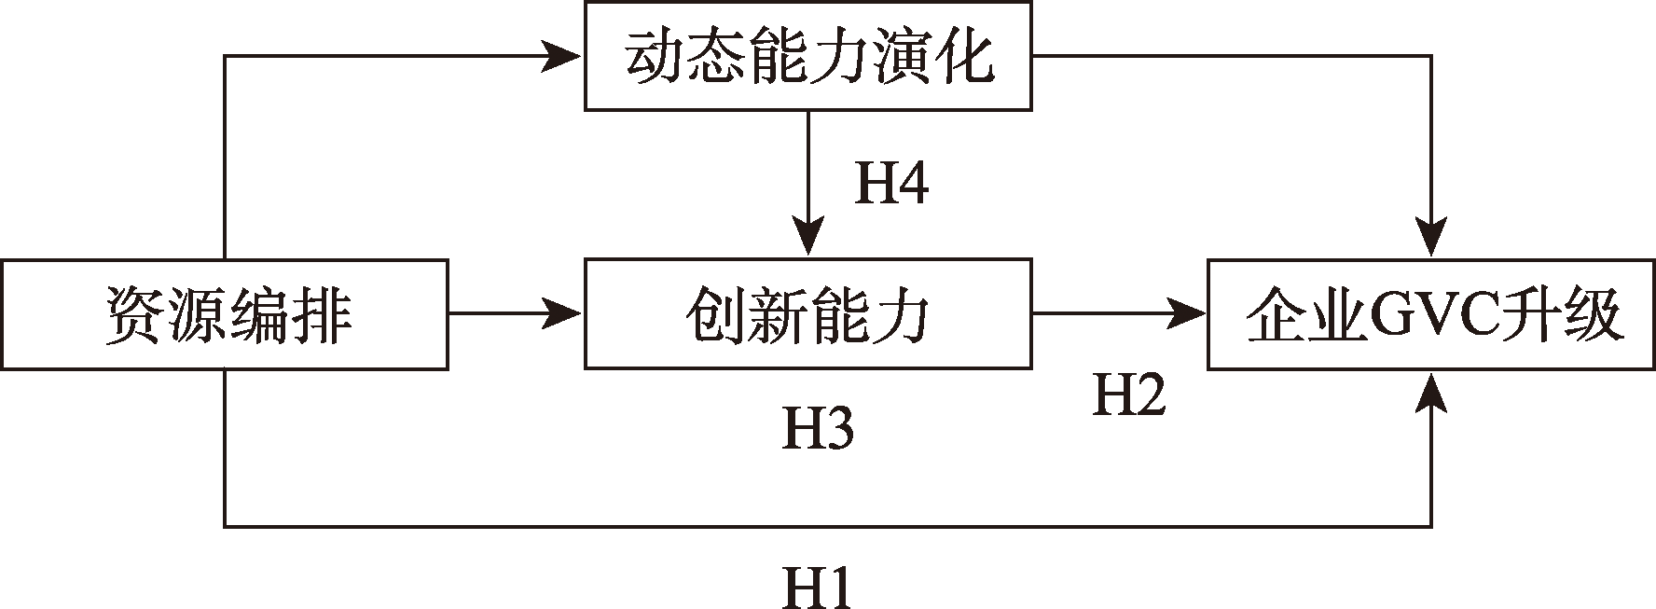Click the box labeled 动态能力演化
coord(807,57)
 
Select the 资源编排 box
coord(224,315)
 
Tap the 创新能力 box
coord(807,315)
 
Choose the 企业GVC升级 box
coord(1431,315)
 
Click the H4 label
coord(891,184)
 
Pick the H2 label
coord(1128,396)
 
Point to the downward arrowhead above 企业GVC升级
coord(1431,239)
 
